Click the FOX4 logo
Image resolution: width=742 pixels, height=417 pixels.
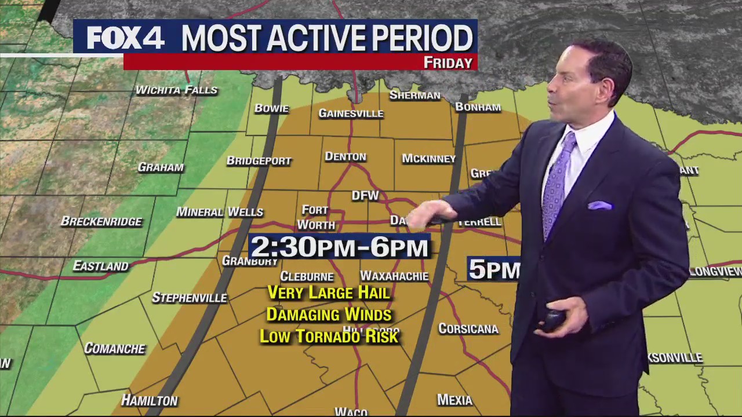[125, 38]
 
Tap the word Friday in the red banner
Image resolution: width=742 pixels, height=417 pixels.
[448, 63]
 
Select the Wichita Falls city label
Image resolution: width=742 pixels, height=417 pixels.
[176, 90]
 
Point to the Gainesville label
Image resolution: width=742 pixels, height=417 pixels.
[351, 114]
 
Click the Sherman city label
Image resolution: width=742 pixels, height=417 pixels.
[414, 96]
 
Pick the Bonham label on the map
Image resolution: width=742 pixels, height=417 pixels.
[478, 107]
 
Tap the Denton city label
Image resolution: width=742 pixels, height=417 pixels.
[345, 157]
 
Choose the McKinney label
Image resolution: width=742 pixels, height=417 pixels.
[428, 159]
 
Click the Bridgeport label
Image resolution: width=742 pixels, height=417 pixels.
[259, 161]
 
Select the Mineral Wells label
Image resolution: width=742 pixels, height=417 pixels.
[220, 213]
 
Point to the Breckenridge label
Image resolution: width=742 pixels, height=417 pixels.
[101, 222]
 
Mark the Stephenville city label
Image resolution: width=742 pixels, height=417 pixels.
[189, 298]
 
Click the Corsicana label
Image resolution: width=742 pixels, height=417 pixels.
[468, 329]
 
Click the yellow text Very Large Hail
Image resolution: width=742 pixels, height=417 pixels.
[329, 293]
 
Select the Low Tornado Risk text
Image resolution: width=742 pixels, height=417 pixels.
[329, 336]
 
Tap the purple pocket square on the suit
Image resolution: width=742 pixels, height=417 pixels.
[599, 206]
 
